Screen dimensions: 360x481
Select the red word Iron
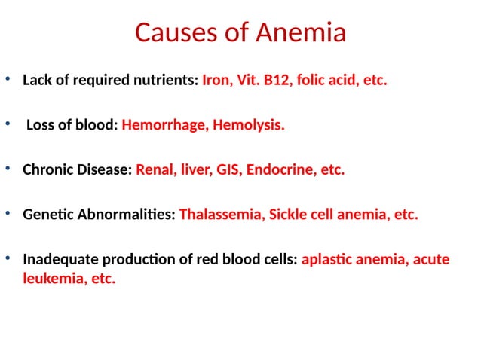217,80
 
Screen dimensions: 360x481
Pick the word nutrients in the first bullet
164,80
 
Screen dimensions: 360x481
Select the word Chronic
48,169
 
